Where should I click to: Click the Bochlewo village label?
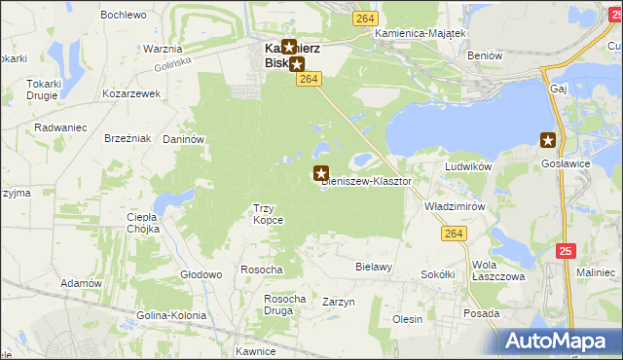point(123,16)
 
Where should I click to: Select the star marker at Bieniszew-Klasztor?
point(320,173)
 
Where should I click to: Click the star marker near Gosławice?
point(548,139)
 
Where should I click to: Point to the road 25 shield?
point(567,251)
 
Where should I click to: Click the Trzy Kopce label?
point(268,214)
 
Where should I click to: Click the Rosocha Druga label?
point(285,305)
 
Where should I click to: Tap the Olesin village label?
point(407,319)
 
